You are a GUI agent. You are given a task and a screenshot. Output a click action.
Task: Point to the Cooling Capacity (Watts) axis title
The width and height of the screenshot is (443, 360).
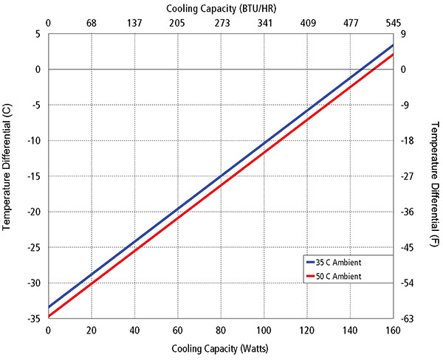pos(221,348)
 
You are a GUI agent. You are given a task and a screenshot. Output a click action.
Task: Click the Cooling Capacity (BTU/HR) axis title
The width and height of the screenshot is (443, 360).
pos(221,7)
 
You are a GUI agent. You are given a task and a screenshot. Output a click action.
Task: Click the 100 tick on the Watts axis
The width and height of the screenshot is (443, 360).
pos(264,330)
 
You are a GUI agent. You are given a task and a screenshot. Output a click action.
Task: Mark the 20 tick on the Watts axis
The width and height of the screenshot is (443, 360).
pos(92,330)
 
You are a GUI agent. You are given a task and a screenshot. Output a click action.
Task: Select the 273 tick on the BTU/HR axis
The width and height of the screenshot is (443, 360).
pos(221,23)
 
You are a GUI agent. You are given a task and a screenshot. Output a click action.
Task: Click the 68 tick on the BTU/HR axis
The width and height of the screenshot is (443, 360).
pos(92,23)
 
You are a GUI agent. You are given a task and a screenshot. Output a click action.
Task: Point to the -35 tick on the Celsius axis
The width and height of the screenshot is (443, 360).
pos(35,319)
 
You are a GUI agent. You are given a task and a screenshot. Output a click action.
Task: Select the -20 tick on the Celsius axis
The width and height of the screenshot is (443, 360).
pos(35,212)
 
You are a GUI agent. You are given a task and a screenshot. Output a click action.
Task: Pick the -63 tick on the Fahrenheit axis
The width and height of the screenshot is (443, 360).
pos(408,319)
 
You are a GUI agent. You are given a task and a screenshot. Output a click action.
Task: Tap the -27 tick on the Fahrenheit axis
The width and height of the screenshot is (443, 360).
pos(408,176)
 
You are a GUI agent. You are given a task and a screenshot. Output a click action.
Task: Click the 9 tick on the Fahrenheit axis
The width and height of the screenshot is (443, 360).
pos(404,34)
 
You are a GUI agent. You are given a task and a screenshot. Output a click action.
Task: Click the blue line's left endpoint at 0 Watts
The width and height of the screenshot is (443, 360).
pos(49,307)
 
